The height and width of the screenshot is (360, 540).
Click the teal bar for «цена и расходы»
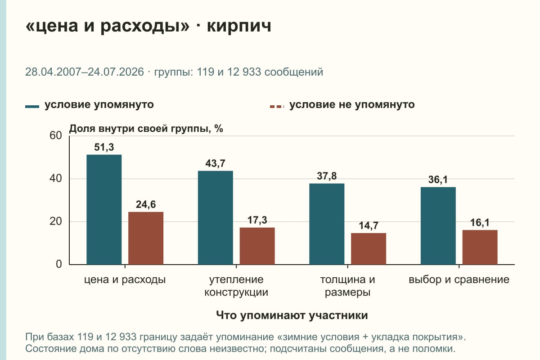tap(104, 210)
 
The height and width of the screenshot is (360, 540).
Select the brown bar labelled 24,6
tap(146, 238)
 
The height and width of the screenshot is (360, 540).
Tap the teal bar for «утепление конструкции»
tap(215, 218)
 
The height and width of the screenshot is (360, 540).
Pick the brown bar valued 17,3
tap(257, 246)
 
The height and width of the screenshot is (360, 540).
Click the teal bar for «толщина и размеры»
tap(327, 224)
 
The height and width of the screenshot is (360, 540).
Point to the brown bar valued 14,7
tap(369, 249)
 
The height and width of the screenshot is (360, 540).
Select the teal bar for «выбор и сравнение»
tap(438, 226)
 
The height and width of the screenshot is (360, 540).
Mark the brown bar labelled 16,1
tap(480, 247)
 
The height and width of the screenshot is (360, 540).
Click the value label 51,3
tap(104, 147)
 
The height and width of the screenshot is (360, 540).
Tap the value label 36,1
tap(438, 180)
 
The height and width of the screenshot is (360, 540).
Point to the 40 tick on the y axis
tap(56, 179)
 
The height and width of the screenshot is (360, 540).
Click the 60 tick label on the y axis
tap(56, 135)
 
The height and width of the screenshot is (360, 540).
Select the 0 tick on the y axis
tap(59, 264)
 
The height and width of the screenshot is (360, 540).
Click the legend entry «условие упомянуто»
tap(90, 105)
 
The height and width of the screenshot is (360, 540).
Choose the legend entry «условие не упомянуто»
tap(342, 105)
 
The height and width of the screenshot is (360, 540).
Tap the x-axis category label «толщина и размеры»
tap(347, 286)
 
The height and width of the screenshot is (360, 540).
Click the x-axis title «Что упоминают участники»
tap(292, 315)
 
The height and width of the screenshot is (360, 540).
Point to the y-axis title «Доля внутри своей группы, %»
tap(146, 129)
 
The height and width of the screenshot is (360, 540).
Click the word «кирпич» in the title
tap(239, 26)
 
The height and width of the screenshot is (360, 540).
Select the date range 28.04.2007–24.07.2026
tap(85, 72)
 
